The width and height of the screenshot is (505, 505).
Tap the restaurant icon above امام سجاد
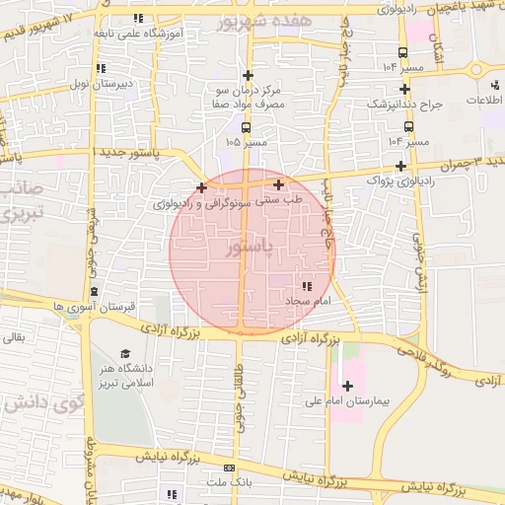[319, 285]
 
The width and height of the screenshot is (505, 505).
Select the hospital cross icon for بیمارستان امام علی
[346, 385]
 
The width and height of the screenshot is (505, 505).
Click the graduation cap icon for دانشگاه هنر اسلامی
[125, 354]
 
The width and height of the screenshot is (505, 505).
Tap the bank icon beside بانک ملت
[230, 469]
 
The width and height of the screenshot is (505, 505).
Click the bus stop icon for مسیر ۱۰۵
[245, 126]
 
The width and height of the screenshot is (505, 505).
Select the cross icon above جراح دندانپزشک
[404, 89]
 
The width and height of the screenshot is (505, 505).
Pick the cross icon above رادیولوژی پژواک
[399, 166]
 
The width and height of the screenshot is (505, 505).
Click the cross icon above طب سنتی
[279, 184]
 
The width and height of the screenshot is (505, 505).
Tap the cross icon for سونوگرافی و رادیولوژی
[201, 187]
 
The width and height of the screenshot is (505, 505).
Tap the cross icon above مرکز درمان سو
[248, 75]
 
